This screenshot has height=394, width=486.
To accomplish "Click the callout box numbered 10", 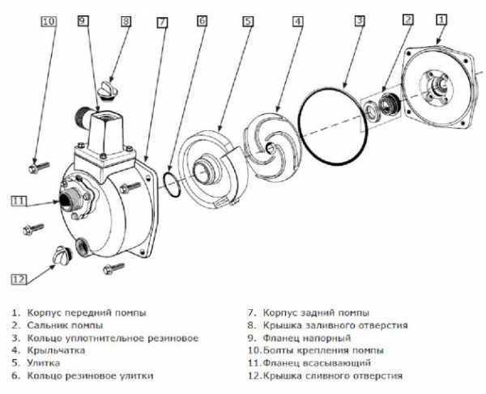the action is tap(49, 21).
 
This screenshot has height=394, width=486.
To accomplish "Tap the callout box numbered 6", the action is tap(202, 20).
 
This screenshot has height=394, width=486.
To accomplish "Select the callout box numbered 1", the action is tap(441, 19).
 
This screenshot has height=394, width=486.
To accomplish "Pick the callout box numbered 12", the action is tap(19, 279).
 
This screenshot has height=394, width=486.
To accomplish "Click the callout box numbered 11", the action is tap(19, 201).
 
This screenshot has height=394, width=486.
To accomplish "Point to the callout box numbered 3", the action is tap(360, 20).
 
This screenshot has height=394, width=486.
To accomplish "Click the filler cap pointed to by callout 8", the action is tap(107, 90).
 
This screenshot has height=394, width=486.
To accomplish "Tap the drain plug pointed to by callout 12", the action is tap(63, 256).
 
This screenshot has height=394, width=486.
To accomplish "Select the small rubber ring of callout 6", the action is tap(172, 184).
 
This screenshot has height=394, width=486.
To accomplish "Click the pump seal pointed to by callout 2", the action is tap(389, 104).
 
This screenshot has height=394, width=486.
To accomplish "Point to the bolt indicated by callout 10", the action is tap(39, 167).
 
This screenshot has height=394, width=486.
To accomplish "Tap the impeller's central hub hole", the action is tap(271, 147).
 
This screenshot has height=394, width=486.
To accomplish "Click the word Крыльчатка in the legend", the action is tap(56, 350).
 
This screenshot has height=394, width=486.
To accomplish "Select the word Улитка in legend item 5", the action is tap(44, 362).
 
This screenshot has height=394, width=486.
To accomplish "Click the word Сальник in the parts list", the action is tap(46, 325).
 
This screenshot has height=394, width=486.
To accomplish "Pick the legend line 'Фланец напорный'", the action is tap(307, 338).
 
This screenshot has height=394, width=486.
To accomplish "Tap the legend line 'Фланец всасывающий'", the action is tap(317, 362).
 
